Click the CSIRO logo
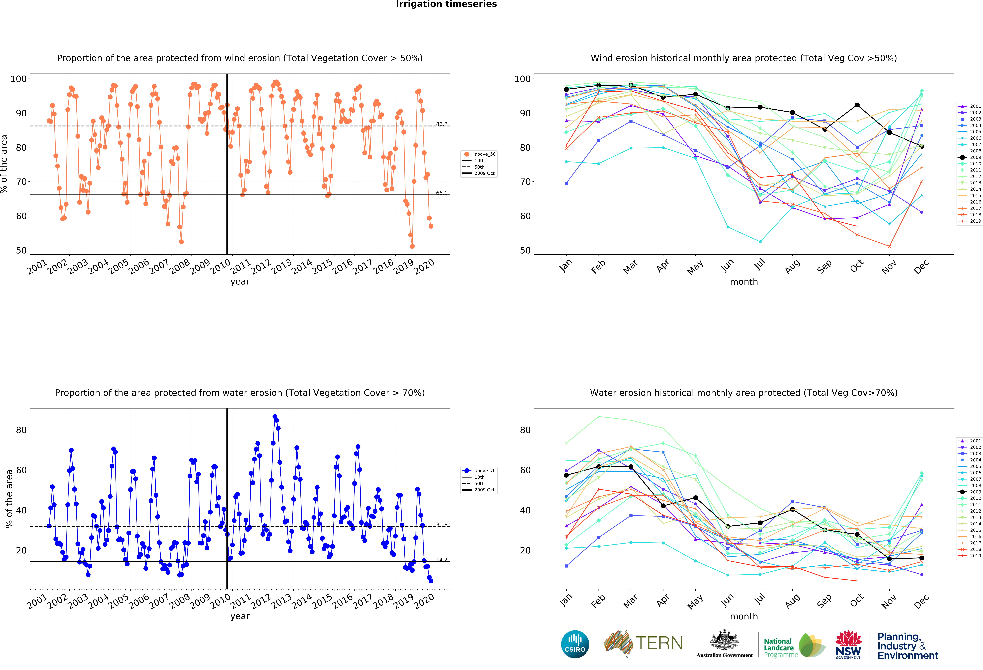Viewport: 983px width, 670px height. click(x=575, y=644)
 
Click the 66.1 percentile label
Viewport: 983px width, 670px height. click(x=442, y=193)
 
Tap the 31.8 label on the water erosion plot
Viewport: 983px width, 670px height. click(x=442, y=525)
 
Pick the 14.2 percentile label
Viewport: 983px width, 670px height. click(x=442, y=560)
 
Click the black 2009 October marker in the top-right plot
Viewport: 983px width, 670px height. click(x=857, y=105)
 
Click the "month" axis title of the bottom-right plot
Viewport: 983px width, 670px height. click(x=744, y=616)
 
